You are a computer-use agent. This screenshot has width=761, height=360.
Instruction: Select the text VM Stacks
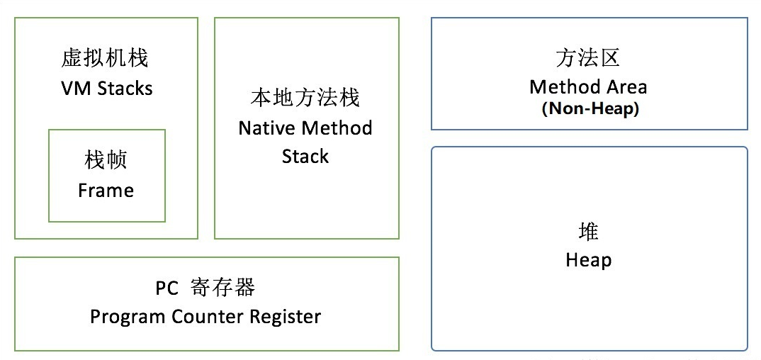[107, 89]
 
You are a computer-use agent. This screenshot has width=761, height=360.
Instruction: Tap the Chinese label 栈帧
[106, 159]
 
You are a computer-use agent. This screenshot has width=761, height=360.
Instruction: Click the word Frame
[106, 190]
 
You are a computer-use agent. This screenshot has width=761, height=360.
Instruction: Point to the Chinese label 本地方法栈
[305, 98]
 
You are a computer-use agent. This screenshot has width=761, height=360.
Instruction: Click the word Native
[267, 128]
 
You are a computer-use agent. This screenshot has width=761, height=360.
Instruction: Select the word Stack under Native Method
[305, 156]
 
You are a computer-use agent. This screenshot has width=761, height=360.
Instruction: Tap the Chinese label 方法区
[587, 58]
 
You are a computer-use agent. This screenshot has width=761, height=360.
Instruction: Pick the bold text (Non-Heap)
[590, 108]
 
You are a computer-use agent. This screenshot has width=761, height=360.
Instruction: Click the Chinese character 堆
[588, 232]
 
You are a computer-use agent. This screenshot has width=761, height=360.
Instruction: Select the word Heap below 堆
[588, 260]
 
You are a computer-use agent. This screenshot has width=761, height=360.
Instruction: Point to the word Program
[127, 317]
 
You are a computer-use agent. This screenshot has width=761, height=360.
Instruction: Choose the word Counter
[208, 316]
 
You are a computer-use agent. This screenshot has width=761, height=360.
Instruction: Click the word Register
[286, 317]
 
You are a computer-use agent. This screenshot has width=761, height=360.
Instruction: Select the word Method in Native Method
[337, 128]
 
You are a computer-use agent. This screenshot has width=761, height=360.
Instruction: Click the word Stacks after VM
[125, 89]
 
